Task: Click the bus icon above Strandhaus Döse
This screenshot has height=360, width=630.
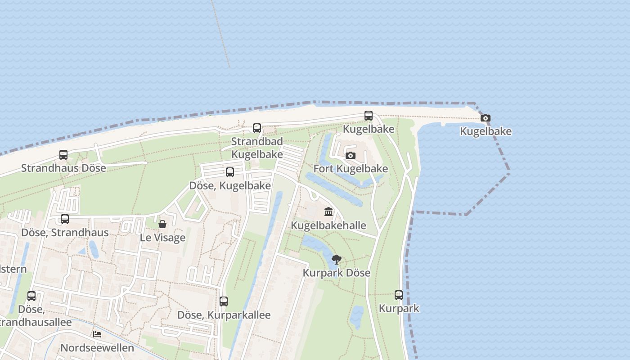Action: [x=63, y=155]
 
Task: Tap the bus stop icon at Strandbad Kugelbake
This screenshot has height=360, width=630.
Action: [x=257, y=128]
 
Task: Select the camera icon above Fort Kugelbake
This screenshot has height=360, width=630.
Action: [x=351, y=156]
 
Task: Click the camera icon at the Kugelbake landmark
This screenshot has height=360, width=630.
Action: [x=485, y=118]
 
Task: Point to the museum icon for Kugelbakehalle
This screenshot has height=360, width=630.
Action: [x=328, y=212]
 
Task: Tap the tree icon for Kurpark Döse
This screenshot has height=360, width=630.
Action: [x=336, y=259]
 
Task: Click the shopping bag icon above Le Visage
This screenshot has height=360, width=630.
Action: [x=162, y=224]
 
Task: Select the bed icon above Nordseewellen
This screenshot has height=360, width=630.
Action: [x=97, y=334]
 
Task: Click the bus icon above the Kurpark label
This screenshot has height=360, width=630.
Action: [x=399, y=295]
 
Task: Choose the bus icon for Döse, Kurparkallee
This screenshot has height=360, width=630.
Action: [x=224, y=301]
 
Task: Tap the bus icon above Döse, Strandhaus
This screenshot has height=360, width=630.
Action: [x=65, y=219]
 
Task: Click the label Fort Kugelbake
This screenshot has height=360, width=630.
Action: [x=351, y=169]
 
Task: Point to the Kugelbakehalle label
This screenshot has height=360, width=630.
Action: [x=328, y=225]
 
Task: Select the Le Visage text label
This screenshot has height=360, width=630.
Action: [x=162, y=238]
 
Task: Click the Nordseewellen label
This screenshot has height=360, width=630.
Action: [x=97, y=348]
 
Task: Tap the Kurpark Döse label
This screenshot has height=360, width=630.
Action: [x=337, y=273]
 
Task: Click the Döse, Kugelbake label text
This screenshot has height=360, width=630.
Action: [x=230, y=185]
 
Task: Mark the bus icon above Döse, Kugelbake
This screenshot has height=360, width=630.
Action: [x=230, y=172]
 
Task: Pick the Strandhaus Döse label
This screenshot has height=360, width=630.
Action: [x=63, y=168]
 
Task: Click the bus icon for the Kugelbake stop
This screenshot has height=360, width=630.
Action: [x=369, y=116]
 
